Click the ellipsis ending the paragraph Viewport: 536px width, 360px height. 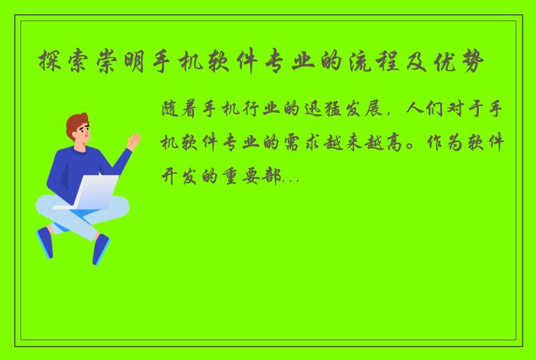tap(291, 181)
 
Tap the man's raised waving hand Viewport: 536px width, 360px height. tap(133, 141)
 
